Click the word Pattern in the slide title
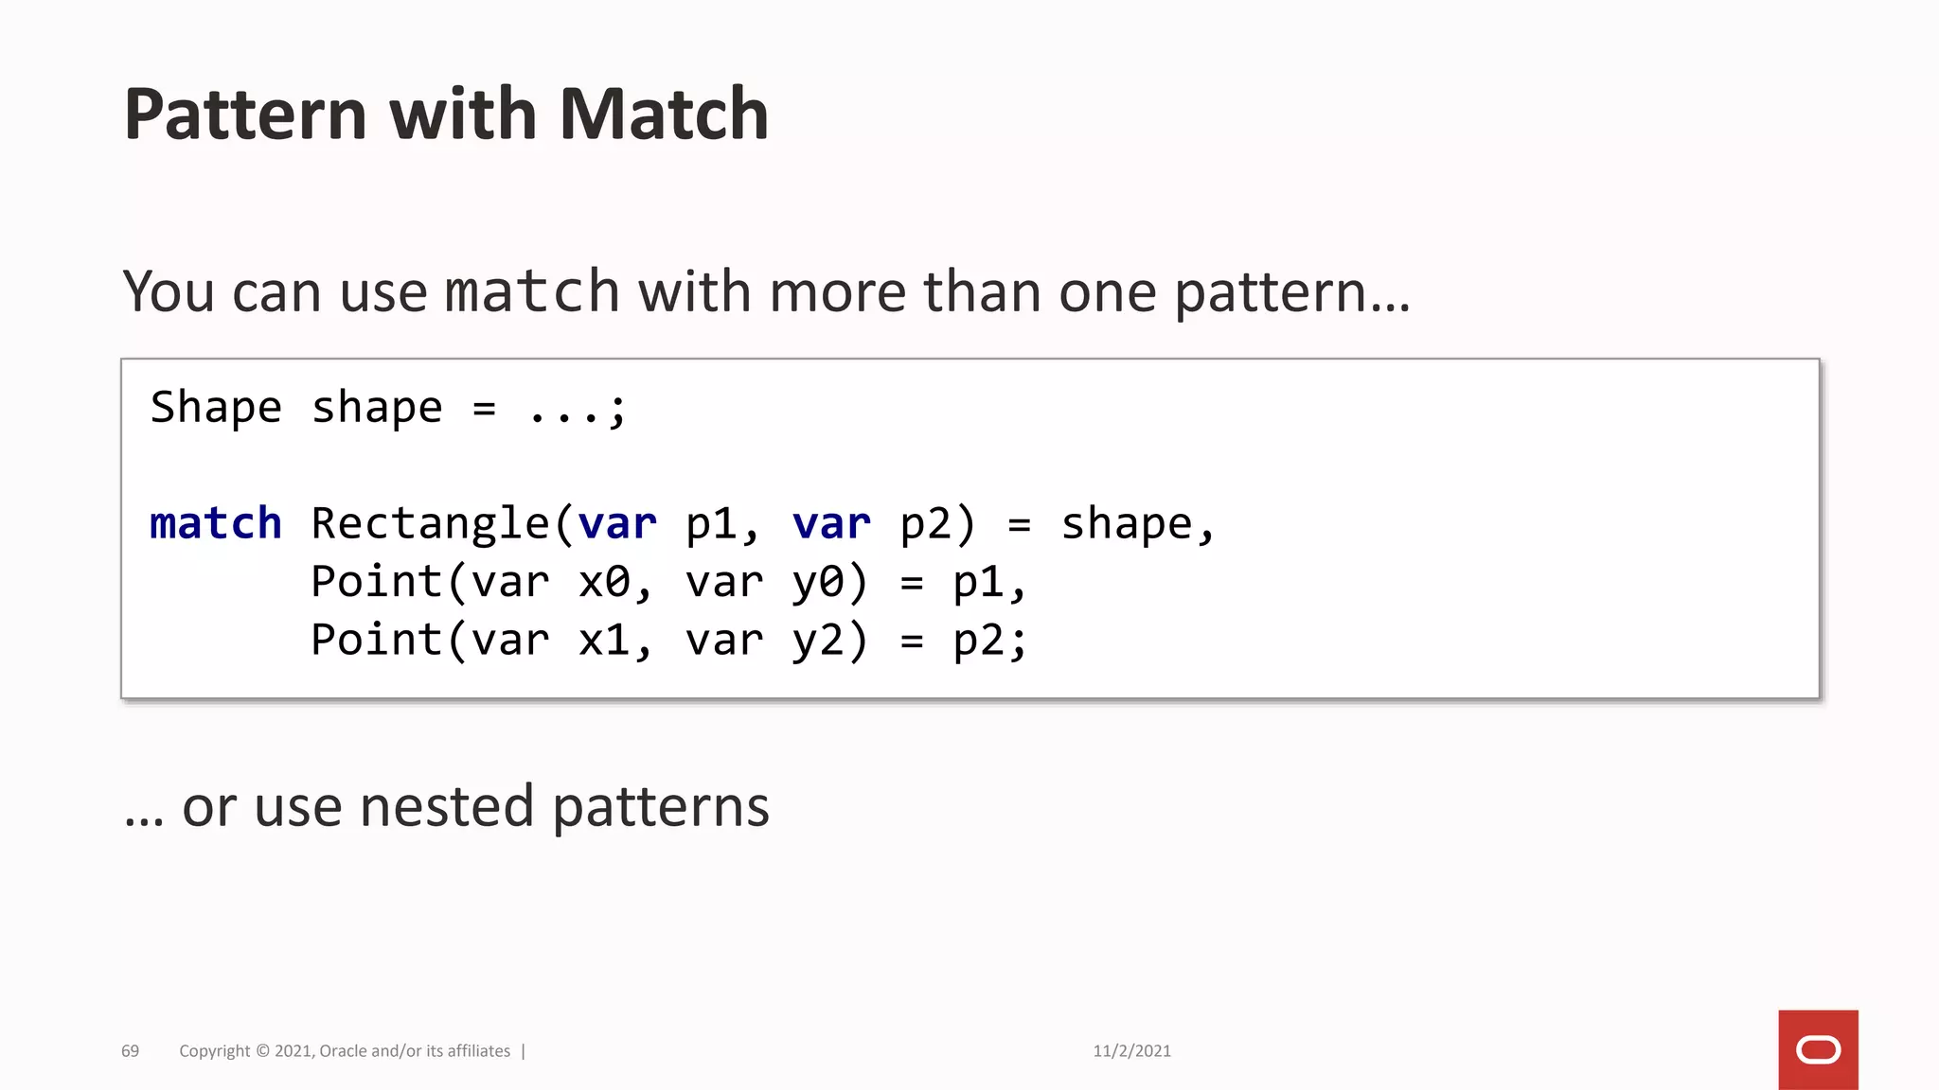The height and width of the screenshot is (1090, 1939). [x=244, y=114]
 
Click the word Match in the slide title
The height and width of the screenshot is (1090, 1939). [x=663, y=114]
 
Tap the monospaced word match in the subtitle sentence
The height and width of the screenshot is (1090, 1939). [x=532, y=291]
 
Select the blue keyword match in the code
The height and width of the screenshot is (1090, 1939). [x=216, y=523]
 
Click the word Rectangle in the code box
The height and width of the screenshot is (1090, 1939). [x=431, y=523]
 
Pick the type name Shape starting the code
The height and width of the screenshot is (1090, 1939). [x=216, y=408]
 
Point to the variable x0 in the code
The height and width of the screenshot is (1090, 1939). [x=604, y=582]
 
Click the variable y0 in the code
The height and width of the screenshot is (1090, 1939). [x=818, y=583]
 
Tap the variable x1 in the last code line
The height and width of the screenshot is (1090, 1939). [x=604, y=641]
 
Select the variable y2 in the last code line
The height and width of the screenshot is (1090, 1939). [x=818, y=642]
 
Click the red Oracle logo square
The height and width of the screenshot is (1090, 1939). [x=1818, y=1049]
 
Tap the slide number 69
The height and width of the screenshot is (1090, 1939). [x=130, y=1051]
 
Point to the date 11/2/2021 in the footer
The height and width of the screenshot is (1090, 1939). [x=1131, y=1051]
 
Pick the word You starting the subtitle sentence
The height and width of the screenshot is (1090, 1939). [x=169, y=291]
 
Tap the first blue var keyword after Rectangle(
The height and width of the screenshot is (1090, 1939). [x=617, y=523]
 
